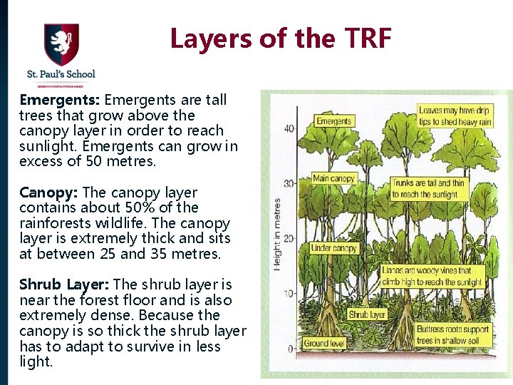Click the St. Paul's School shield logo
pyautogui.click(x=61, y=44)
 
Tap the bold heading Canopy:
pyautogui.click(x=49, y=192)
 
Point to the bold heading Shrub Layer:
pyautogui.click(x=64, y=285)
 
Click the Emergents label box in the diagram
pyautogui.click(x=334, y=121)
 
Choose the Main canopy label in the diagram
pyautogui.click(x=333, y=178)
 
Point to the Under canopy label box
pyautogui.click(x=333, y=248)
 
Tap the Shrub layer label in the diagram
pyautogui.click(x=367, y=314)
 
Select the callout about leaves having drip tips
pyautogui.click(x=455, y=116)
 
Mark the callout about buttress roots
pyautogui.click(x=452, y=335)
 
